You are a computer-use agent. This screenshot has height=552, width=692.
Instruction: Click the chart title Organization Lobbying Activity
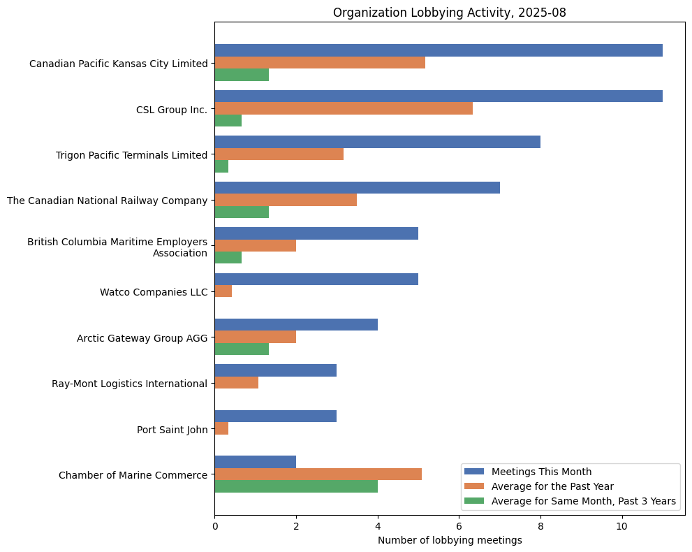449,13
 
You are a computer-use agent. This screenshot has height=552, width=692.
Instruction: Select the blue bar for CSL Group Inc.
438,96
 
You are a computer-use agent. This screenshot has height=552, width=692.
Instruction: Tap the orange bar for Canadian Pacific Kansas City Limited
319,63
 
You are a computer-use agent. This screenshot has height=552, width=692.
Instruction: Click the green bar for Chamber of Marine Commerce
295,486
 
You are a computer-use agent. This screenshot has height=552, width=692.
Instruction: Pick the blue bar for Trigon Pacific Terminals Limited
377,142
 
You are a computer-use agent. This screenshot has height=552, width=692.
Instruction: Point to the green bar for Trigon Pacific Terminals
221,166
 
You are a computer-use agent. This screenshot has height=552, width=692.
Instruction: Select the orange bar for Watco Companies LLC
223,291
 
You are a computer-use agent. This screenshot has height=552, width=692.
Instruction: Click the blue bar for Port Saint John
275,416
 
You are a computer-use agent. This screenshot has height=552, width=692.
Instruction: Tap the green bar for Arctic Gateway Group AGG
241,349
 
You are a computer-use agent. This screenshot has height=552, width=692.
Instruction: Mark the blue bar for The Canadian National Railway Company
357,187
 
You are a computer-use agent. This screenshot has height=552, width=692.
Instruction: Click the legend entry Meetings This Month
541,472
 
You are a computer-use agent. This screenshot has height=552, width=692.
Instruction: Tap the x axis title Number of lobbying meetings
449,541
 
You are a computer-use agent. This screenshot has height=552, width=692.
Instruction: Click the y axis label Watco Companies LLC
154,292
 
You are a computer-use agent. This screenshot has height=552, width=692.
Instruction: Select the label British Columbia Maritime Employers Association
117,247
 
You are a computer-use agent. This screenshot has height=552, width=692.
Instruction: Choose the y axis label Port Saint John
172,430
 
